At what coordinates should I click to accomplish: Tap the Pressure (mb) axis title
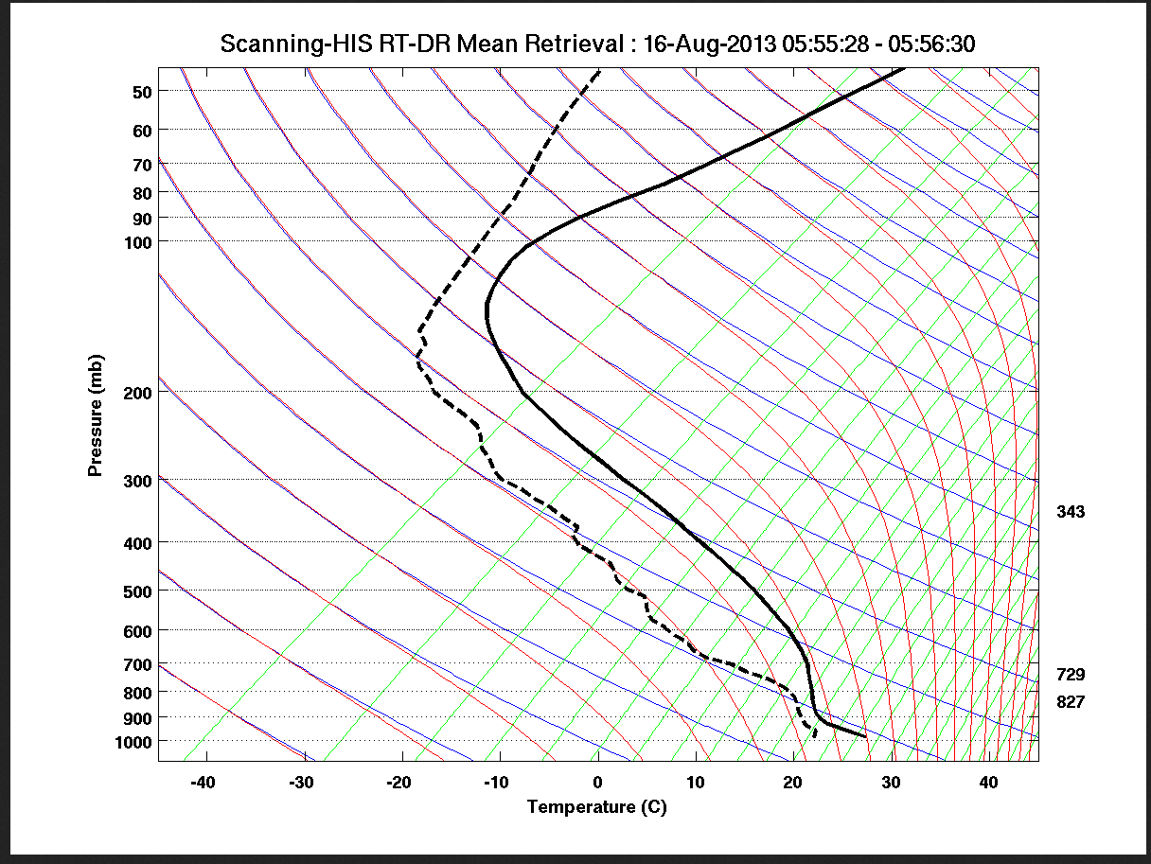(x=95, y=414)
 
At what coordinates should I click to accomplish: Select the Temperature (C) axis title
(x=596, y=807)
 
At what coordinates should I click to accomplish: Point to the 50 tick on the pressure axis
(x=143, y=92)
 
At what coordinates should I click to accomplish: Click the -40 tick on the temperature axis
(x=203, y=783)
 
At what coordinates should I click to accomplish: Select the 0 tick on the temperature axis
(x=597, y=783)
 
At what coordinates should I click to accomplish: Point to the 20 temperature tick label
(x=793, y=783)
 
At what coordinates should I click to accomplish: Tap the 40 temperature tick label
(x=988, y=783)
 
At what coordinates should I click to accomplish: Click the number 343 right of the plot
(x=1071, y=512)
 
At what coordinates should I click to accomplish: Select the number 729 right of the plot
(x=1071, y=675)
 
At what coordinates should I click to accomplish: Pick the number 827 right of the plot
(x=1071, y=702)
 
